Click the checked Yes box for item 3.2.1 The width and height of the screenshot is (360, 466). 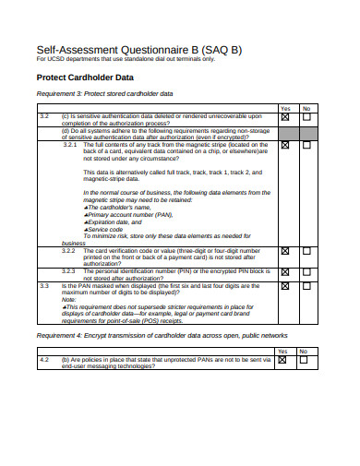pos(284,145)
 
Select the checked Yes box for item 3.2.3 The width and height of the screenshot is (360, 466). pos(284,272)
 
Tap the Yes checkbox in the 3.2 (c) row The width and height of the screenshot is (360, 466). pos(284,117)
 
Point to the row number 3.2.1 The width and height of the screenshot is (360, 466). pos(70,144)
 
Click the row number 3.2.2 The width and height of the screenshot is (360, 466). pos(70,250)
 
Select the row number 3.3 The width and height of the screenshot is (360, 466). pos(44,286)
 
